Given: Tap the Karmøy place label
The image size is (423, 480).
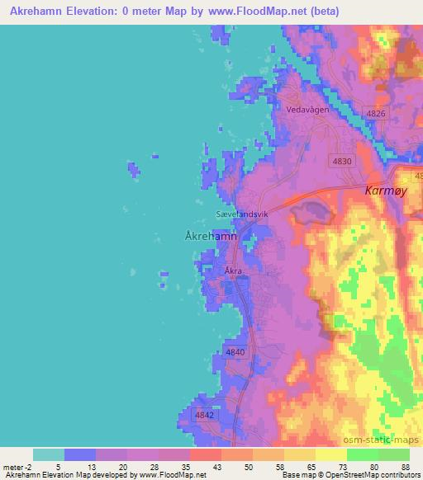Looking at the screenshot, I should coord(388,191).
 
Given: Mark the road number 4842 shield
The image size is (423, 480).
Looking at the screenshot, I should coord(204,417).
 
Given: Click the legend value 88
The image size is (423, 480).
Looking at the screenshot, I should coord(406,466).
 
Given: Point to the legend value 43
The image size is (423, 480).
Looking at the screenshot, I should coord(217,466).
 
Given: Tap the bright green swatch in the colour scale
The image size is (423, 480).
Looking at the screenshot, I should coord(363,454).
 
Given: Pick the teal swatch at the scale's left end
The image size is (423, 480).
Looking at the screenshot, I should coord(49,454).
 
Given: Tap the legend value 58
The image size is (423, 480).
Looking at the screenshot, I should coord(280,466).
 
